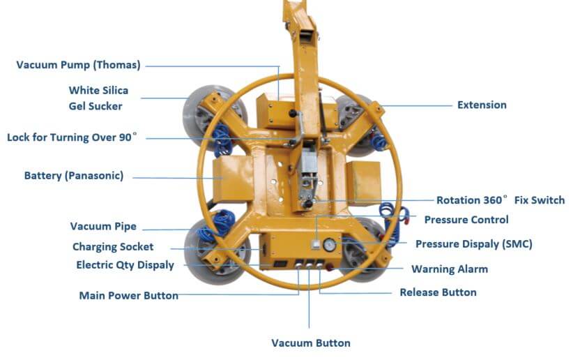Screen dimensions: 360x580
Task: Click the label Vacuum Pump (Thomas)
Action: point(78,66)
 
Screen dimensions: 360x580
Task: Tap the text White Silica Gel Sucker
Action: point(98,98)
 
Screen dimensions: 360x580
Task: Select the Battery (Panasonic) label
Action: point(73,176)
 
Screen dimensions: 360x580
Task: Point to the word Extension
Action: point(482,105)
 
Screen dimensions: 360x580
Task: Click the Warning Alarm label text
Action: point(449,269)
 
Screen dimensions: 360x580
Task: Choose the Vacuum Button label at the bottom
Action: point(310,343)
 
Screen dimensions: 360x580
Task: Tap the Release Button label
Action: point(438,292)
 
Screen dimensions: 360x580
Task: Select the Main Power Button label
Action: point(128,295)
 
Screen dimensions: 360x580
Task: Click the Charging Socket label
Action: point(113,247)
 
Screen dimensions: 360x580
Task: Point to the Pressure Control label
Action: point(466,220)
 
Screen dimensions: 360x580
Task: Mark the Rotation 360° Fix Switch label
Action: point(500,200)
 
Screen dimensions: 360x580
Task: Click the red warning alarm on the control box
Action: point(330,269)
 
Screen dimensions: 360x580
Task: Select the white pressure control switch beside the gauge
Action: point(316,245)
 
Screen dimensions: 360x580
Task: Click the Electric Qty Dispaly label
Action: point(125,265)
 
